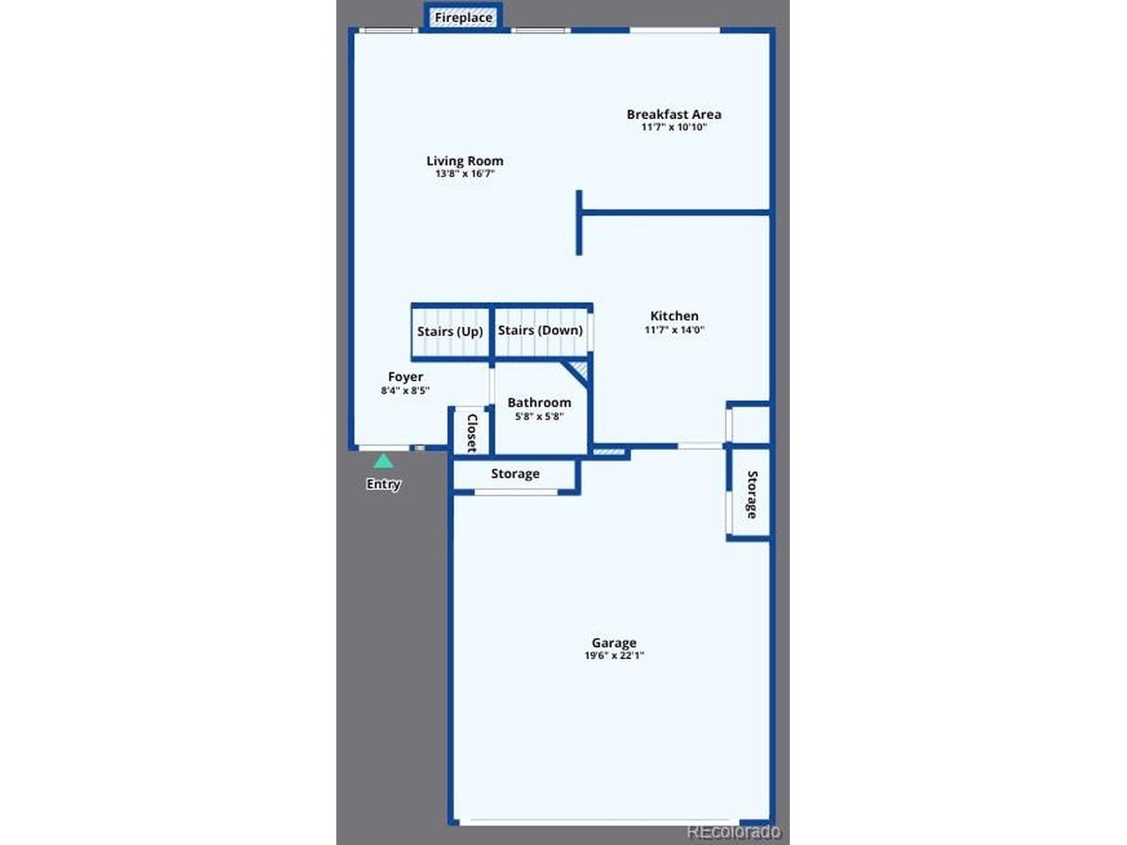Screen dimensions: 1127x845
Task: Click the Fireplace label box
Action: click(x=463, y=18)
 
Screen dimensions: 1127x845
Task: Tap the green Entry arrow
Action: click(x=384, y=461)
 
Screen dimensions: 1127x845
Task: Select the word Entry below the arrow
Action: click(x=383, y=484)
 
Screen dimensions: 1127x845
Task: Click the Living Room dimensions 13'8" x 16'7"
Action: click(x=465, y=173)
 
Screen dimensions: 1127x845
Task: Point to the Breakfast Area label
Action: click(x=674, y=114)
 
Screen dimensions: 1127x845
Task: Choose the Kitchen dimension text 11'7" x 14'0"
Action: click(x=674, y=329)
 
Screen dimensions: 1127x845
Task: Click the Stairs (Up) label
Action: click(x=450, y=332)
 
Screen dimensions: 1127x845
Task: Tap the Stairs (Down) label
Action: click(x=540, y=330)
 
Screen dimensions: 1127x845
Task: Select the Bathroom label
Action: click(x=539, y=403)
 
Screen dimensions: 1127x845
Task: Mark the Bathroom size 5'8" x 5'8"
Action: click(x=539, y=416)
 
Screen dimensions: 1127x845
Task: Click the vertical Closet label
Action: click(x=472, y=433)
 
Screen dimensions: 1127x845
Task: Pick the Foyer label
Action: click(x=405, y=377)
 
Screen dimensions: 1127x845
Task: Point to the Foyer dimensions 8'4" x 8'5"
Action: click(x=405, y=391)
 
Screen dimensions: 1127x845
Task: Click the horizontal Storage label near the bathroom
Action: click(x=515, y=474)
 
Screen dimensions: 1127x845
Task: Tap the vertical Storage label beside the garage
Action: click(x=751, y=495)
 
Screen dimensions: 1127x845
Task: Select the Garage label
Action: click(x=614, y=643)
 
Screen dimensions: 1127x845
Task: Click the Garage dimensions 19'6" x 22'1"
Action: click(x=614, y=655)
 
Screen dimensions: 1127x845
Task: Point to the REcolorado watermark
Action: click(x=733, y=831)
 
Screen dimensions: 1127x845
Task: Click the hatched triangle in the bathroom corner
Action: click(x=578, y=371)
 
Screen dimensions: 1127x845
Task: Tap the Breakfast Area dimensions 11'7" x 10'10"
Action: click(x=674, y=128)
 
